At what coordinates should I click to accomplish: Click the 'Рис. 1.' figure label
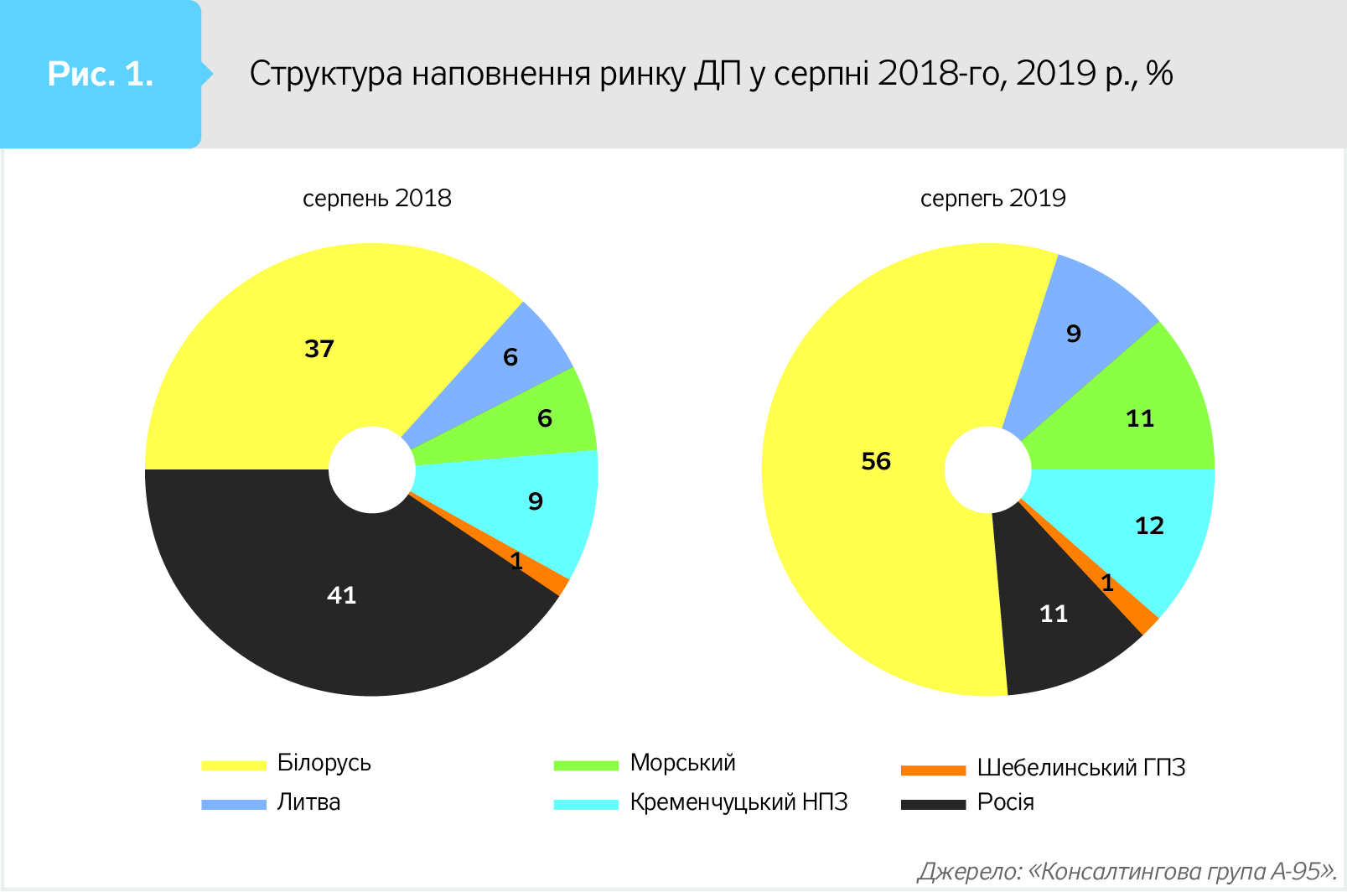pyautogui.click(x=101, y=75)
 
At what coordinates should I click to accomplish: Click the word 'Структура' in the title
pyautogui.click(x=326, y=75)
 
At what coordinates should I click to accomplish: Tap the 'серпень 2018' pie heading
pyautogui.click(x=376, y=199)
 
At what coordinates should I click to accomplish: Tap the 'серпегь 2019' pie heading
pyautogui.click(x=992, y=199)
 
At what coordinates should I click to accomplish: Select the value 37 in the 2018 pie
pyautogui.click(x=319, y=349)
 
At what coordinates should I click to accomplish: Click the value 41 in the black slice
pyautogui.click(x=342, y=595)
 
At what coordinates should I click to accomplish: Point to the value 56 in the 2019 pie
pyautogui.click(x=876, y=461)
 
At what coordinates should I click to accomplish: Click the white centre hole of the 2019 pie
pyautogui.click(x=987, y=469)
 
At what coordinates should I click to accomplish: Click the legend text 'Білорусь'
pyautogui.click(x=324, y=763)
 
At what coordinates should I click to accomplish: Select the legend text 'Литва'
pyautogui.click(x=308, y=802)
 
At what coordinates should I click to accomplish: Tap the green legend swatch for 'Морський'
pyautogui.click(x=586, y=765)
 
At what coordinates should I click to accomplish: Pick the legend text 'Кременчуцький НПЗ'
pyautogui.click(x=738, y=802)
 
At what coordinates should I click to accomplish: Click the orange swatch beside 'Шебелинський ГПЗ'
pyautogui.click(x=933, y=770)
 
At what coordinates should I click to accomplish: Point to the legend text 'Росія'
pyautogui.click(x=1005, y=802)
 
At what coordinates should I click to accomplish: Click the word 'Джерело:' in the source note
pyautogui.click(x=969, y=872)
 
